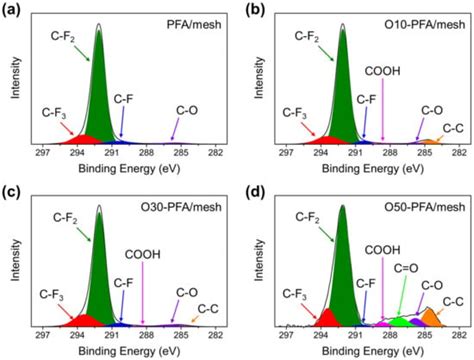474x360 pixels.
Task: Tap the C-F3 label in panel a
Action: (x=52, y=112)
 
